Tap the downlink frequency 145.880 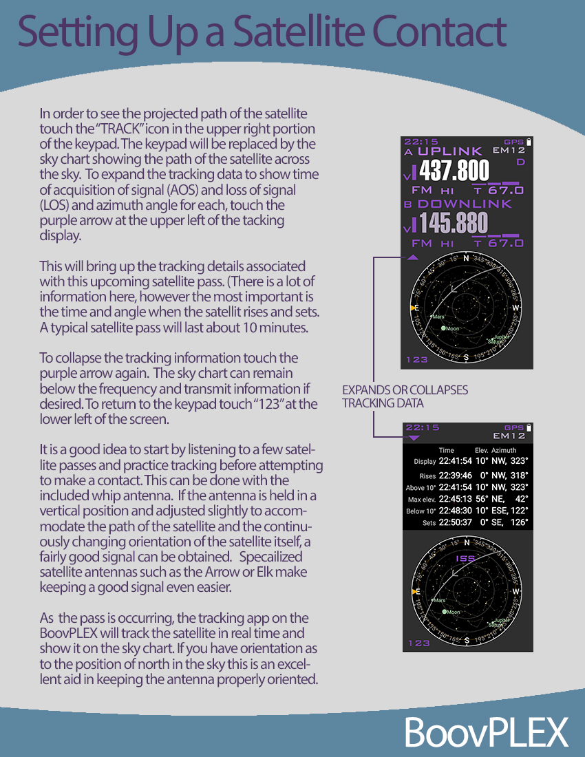pyautogui.click(x=454, y=223)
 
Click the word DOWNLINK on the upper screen pyautogui.click(x=465, y=204)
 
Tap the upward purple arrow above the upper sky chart pyautogui.click(x=412, y=257)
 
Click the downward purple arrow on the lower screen pyautogui.click(x=413, y=438)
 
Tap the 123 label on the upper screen pyautogui.click(x=416, y=359)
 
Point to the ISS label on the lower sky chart pyautogui.click(x=466, y=558)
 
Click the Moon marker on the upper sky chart pyautogui.click(x=444, y=329)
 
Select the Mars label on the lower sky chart pyautogui.click(x=439, y=600)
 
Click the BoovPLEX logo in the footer pyautogui.click(x=486, y=731)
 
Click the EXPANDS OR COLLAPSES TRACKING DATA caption pyautogui.click(x=405, y=396)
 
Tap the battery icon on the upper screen pyautogui.click(x=529, y=141)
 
